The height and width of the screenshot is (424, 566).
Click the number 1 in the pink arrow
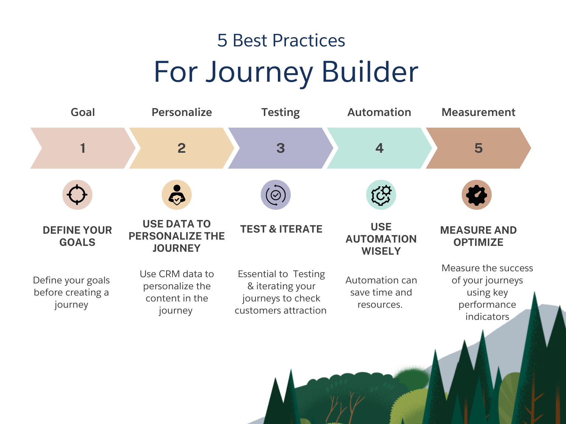83,148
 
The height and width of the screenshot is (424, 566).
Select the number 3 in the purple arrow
280,148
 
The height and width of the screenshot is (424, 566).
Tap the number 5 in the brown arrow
478,148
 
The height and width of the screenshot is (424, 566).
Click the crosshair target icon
77,195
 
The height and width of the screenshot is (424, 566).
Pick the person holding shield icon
177,195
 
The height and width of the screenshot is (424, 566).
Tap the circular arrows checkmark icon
276,195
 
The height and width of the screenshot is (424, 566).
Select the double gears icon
381,195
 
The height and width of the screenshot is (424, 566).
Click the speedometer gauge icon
476,195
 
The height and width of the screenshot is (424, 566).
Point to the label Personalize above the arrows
182,112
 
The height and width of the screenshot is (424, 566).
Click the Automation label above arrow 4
379,112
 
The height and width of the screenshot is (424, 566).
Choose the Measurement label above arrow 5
478,112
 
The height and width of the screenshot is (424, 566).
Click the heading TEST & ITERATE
281,229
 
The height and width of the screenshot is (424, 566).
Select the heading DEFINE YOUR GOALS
77,236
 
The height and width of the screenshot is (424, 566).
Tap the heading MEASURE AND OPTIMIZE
478,236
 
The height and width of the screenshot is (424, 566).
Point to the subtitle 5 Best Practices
281,40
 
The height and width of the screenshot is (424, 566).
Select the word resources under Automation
380,305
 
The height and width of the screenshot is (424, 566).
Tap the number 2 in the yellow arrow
182,148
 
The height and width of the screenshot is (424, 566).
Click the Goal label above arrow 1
83,112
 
